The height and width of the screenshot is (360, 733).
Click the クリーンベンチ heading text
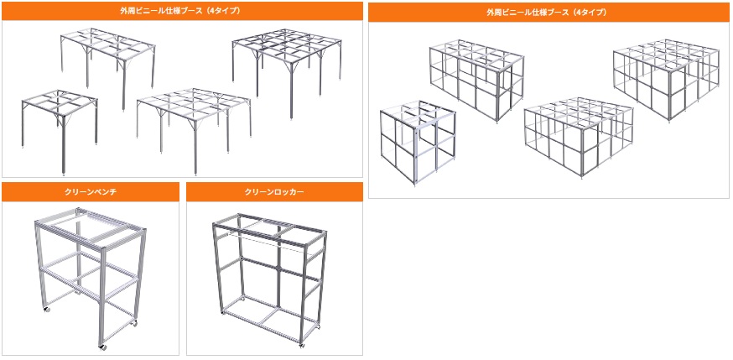[x=91, y=191]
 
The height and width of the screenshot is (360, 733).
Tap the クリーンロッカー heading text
[x=274, y=191]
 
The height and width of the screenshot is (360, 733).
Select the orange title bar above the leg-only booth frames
[x=182, y=11]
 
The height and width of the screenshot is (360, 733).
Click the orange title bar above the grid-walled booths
[x=548, y=12]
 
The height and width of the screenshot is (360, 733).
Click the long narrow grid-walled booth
[x=477, y=81]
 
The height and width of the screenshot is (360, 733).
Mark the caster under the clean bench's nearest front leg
[x=102, y=347]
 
